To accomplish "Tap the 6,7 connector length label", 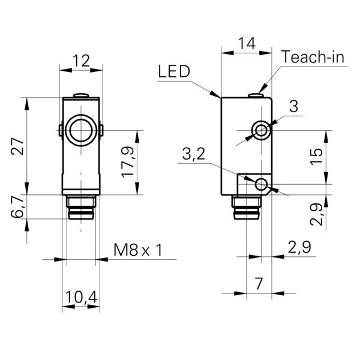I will point(19,207).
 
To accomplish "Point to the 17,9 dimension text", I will point(127,162).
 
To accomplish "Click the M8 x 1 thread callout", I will point(138,250).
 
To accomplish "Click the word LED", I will point(174,73).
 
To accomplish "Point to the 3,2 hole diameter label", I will point(193,155).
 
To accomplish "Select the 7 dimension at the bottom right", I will point(258,282).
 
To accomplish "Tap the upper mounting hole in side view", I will point(261,130).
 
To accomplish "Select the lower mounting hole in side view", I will point(262,184).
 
